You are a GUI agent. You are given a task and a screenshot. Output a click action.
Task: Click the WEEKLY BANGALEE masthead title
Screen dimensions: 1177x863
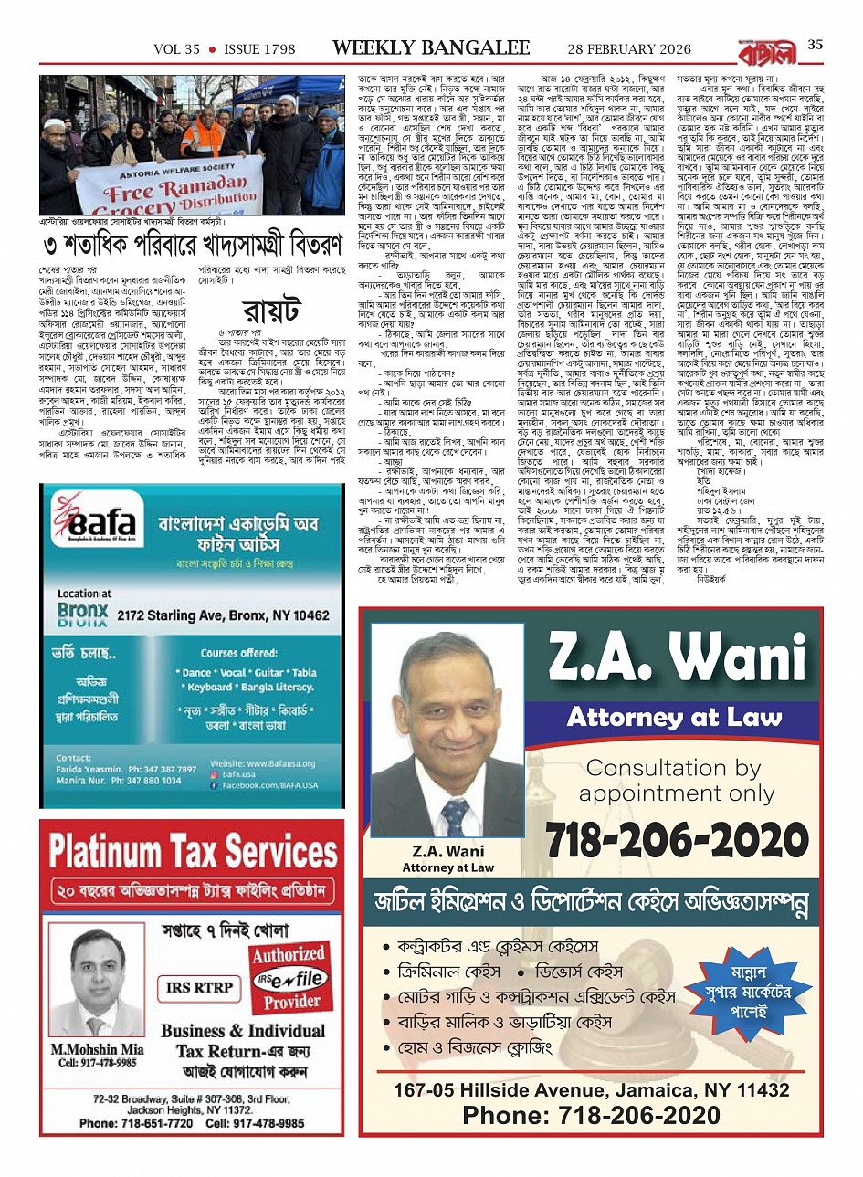430,47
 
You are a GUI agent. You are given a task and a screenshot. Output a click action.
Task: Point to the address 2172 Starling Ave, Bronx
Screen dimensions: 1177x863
223,615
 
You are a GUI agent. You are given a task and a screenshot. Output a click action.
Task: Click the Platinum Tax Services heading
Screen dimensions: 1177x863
193,851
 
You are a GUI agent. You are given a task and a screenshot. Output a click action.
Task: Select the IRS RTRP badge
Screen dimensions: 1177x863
200,987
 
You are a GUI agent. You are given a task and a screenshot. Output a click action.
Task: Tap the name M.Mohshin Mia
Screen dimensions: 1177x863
97,1049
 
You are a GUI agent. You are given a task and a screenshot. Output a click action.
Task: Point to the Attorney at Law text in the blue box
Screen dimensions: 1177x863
675,717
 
